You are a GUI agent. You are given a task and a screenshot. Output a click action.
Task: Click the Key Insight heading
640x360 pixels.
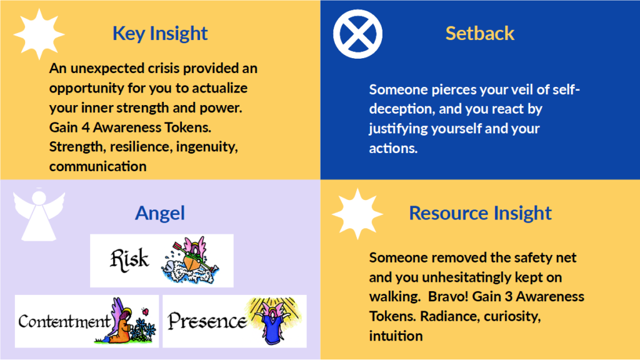coord(160,34)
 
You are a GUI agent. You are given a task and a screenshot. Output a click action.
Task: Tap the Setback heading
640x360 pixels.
coord(479,33)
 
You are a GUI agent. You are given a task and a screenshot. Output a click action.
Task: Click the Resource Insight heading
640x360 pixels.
coord(481,213)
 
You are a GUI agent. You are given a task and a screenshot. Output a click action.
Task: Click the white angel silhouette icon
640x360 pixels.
coord(39,215)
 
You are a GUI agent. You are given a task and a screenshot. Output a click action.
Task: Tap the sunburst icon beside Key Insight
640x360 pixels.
coord(39,34)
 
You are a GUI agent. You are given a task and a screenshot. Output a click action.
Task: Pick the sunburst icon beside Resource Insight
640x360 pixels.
coord(357,214)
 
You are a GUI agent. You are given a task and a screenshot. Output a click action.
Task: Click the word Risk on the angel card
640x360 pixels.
coord(129,259)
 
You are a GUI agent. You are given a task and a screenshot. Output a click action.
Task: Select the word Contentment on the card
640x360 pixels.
coord(64,321)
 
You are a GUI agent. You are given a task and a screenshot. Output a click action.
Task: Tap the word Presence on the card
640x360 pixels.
coord(207,321)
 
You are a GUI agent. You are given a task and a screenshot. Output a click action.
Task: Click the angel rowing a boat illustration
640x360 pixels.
coord(191,261)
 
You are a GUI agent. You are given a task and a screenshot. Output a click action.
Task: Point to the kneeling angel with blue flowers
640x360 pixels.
coord(125,321)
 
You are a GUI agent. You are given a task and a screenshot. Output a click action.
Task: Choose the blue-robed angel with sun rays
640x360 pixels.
coord(274,321)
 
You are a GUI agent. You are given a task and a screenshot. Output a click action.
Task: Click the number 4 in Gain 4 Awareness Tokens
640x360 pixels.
coord(85,127)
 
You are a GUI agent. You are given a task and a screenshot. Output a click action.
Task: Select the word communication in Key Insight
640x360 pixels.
coord(98,166)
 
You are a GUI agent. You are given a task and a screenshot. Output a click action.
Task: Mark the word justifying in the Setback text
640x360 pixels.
coord(398,129)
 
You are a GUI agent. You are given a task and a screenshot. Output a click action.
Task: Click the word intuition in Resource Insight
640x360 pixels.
coord(396,336)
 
